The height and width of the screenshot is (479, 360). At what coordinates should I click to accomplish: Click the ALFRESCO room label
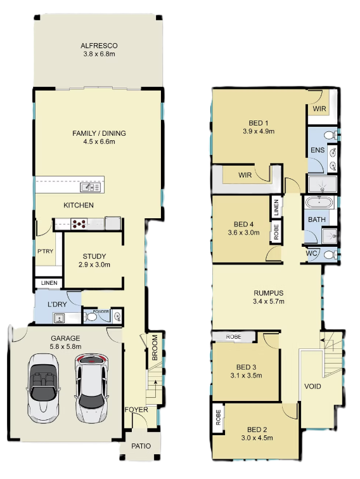pos(99,46)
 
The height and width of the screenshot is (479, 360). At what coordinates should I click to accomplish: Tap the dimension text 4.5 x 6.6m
pos(100,141)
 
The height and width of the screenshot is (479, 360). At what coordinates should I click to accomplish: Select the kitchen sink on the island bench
pos(90,187)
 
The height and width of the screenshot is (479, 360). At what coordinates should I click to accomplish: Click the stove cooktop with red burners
pos(79,224)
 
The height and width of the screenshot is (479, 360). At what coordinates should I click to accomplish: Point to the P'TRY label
pos(46,251)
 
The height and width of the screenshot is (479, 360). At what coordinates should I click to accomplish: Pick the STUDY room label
pos(94,256)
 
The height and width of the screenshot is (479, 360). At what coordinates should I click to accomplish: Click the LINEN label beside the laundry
pos(49,283)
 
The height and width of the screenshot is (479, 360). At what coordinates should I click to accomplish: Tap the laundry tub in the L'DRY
pos(59,318)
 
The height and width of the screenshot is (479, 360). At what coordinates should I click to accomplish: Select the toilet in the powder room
pos(90,317)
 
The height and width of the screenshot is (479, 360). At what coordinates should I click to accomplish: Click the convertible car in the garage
pos(43,388)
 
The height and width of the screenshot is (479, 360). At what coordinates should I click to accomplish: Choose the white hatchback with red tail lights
pos(91,388)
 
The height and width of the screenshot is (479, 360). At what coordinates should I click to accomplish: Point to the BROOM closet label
pos(155,348)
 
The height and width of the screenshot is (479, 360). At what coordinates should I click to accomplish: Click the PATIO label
pos(141,446)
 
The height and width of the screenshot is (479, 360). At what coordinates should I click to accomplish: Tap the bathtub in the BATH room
pos(319,202)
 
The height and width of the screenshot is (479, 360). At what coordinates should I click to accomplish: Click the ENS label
pos(318,150)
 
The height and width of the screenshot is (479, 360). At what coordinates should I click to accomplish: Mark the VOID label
pos(312,386)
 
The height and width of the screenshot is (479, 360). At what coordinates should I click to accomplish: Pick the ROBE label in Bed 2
pos(218,417)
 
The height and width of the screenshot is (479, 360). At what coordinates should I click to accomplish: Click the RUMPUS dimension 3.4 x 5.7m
pos(269,301)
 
